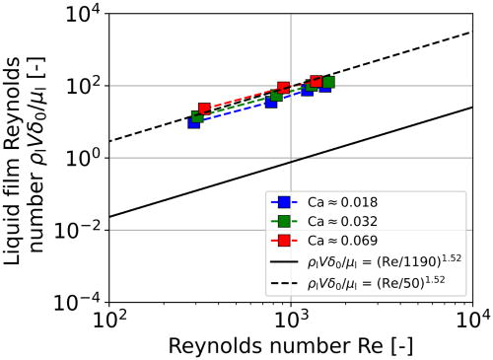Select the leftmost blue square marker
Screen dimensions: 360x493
tap(194, 122)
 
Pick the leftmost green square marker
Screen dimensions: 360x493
tap(198, 116)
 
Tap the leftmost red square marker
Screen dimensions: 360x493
tap(204, 108)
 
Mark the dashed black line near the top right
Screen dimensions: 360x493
tap(434, 44)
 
